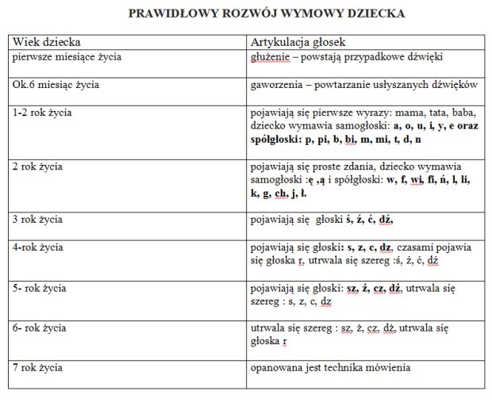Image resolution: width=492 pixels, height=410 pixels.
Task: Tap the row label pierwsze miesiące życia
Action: click(67, 57)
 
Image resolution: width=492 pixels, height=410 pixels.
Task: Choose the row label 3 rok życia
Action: click(38, 219)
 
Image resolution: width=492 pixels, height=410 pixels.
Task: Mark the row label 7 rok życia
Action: click(38, 368)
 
